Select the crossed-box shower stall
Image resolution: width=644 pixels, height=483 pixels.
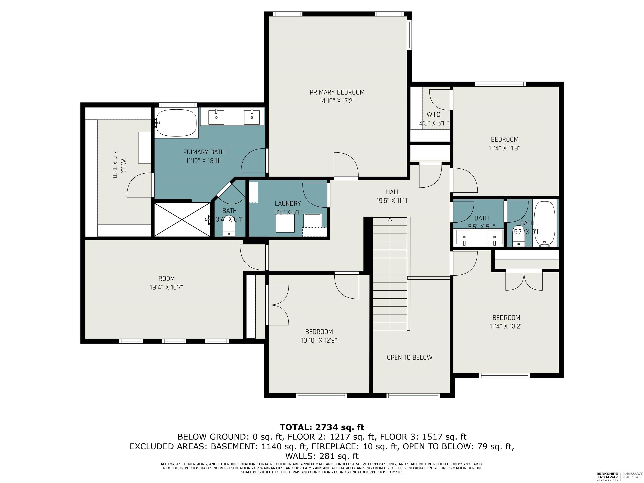click(x=182, y=219)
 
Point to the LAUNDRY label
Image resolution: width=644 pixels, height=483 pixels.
click(x=288, y=204)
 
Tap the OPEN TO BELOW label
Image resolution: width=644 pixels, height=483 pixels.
click(x=409, y=357)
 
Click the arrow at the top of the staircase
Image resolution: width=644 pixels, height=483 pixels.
click(x=390, y=219)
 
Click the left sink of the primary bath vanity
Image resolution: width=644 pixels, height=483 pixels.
click(x=216, y=117)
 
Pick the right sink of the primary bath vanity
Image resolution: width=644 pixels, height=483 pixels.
click(x=252, y=117)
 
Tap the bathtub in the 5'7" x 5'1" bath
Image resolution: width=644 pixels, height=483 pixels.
click(x=544, y=223)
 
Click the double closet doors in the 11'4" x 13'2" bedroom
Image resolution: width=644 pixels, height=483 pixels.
click(x=524, y=280)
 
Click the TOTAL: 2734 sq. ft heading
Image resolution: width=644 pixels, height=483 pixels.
click(x=322, y=427)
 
